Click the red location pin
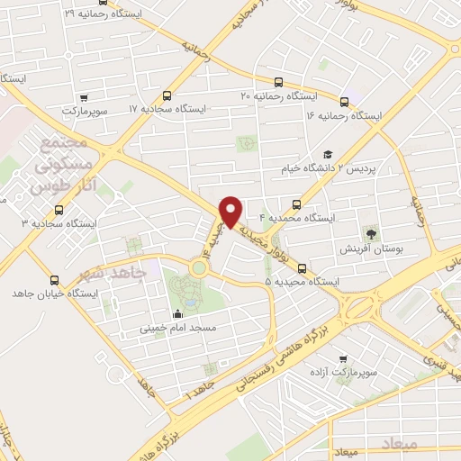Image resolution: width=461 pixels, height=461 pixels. tap(231, 211)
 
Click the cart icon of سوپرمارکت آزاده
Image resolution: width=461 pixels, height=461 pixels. tap(340, 357)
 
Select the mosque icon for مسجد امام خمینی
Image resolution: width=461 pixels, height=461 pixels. tap(176, 314)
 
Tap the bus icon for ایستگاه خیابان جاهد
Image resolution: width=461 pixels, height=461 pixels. tap(55, 280)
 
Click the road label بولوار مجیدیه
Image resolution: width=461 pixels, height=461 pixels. tap(260, 239)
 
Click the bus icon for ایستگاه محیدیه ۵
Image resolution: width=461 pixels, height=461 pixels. tap(302, 268)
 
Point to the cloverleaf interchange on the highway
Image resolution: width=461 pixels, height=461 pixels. tap(367, 307)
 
